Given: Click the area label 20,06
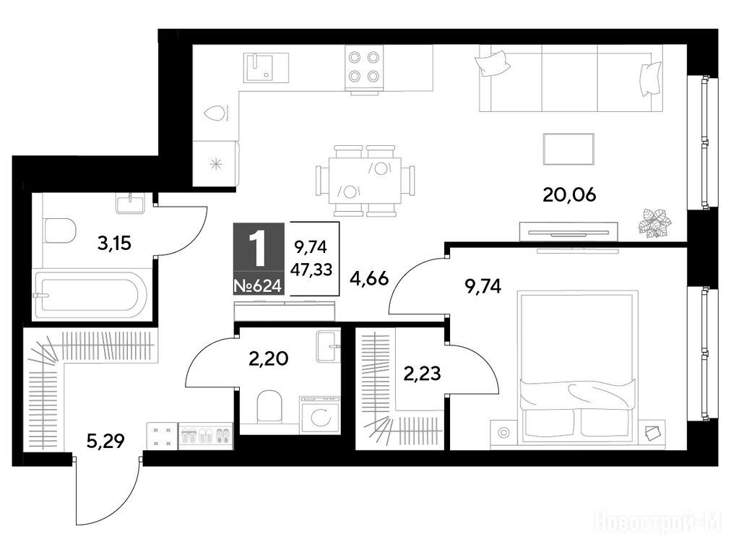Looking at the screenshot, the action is coord(569,195).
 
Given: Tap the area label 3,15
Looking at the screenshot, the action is coord(114,243).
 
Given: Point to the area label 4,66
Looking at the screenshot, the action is coord(369,279).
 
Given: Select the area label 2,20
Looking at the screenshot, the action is coord(269,358).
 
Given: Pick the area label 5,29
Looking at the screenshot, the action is coord(106,440).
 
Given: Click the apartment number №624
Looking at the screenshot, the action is coord(258,285).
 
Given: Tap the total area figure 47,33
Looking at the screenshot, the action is coord(311,269).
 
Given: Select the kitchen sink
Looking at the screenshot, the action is coord(267,68).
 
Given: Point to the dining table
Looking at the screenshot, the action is coord(365,181).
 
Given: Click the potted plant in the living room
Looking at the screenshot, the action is coord(654,223).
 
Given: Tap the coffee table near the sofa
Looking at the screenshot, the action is coord(568,149).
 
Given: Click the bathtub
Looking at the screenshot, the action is coord(91,296).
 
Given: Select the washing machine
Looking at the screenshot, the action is coord(321,415).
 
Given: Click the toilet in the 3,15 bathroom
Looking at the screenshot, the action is coord(61,231).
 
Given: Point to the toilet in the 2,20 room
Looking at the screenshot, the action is coord(270,405).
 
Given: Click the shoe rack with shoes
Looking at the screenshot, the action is coord(205,436).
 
